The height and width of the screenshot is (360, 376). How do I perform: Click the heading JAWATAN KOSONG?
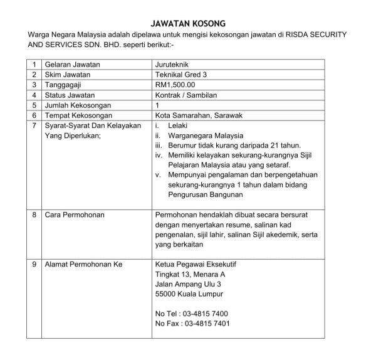pos(187,23)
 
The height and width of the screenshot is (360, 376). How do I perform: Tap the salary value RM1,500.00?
pos(175,84)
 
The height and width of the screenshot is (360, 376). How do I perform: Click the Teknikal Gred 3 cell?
pos(181,74)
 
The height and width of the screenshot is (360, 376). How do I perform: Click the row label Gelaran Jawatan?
pos(72,64)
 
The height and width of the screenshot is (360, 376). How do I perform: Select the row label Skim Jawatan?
pos(67,74)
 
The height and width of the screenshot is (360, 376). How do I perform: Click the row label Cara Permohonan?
pos(74,215)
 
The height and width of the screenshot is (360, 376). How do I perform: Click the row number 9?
pos(33,264)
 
